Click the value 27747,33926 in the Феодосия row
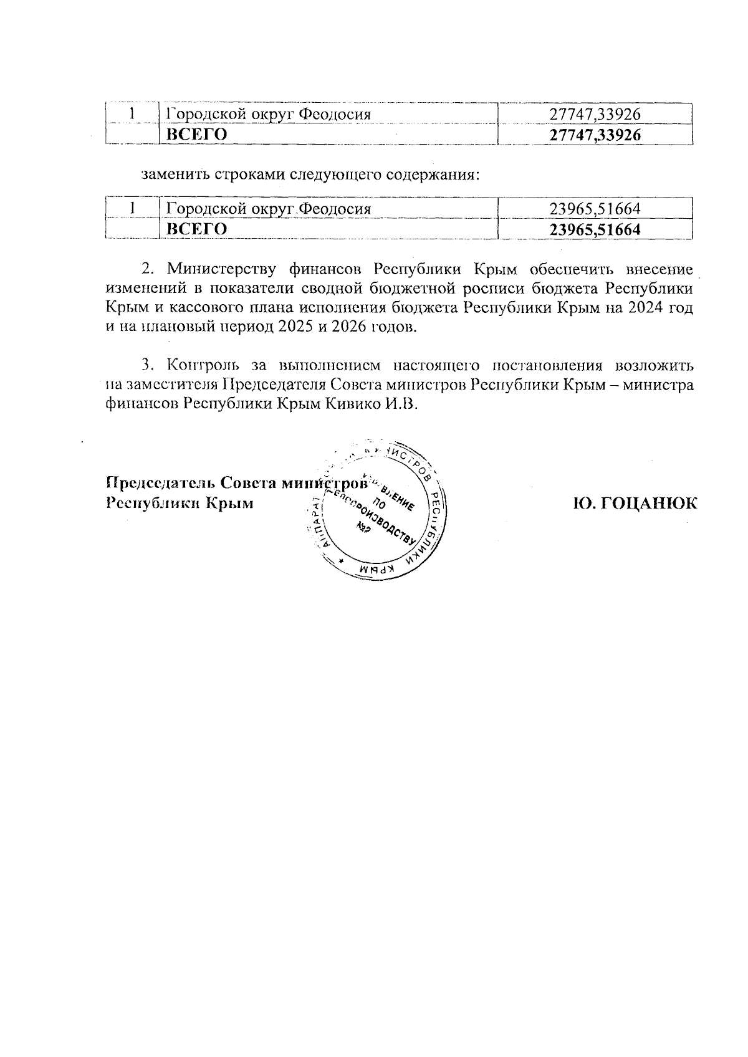[x=595, y=114]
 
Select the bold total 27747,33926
[x=595, y=135]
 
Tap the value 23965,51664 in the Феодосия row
[x=595, y=209]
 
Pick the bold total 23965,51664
[x=595, y=229]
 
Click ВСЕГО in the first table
[x=194, y=135]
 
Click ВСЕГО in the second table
[x=194, y=229]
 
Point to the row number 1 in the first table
[x=132, y=114]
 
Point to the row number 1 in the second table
[x=132, y=209]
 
